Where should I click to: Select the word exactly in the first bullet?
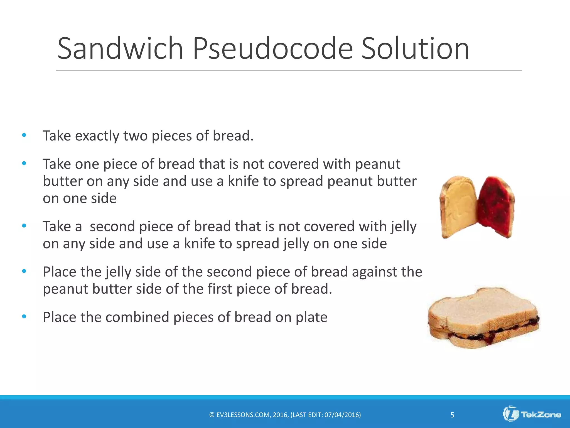[97, 136]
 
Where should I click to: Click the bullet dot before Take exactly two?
[24, 135]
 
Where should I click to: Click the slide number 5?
[452, 415]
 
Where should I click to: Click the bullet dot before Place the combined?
[24, 317]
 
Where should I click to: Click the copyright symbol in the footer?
[212, 415]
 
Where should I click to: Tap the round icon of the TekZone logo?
[511, 414]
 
